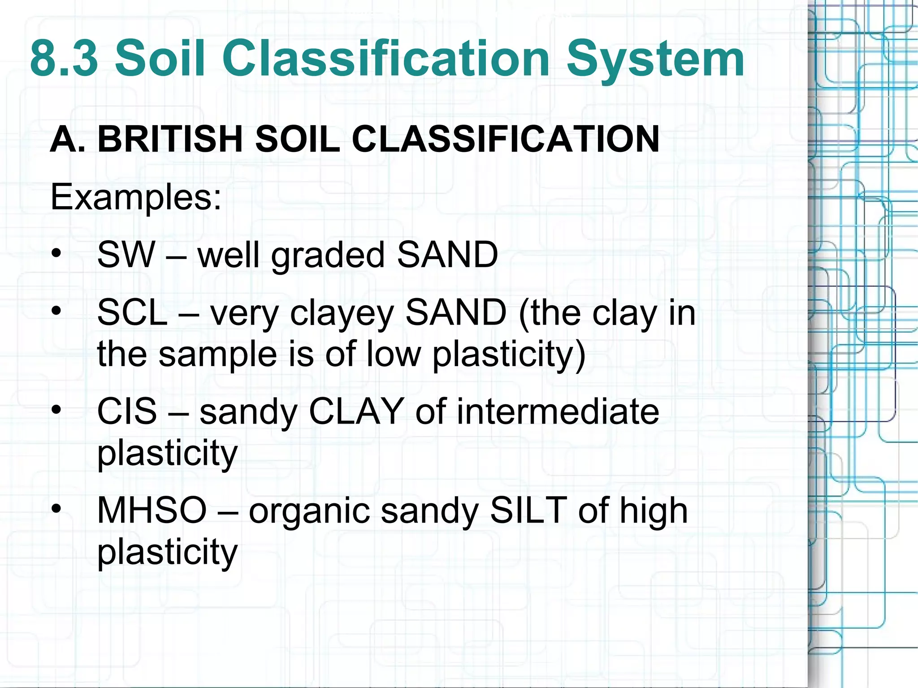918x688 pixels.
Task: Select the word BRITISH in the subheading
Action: point(171,139)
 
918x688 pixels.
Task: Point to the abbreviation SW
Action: point(126,255)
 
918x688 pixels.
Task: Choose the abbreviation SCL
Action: point(132,313)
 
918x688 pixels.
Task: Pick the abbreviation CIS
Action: point(127,411)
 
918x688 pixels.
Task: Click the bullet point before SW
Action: point(56,255)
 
